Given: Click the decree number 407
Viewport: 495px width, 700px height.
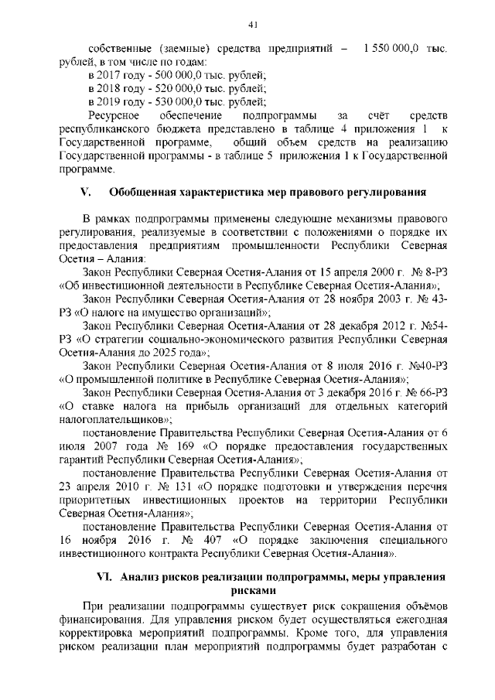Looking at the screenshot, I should pyautogui.click(x=207, y=540).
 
